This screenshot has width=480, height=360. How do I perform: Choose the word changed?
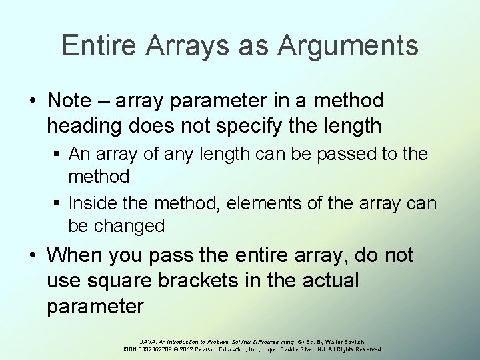point(131,226)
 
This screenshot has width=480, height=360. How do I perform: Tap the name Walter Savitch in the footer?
point(343,341)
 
